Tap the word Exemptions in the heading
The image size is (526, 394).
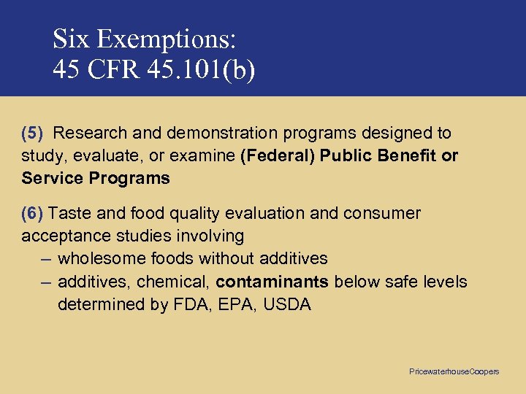pyautogui.click(x=171, y=38)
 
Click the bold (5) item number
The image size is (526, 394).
pyautogui.click(x=33, y=133)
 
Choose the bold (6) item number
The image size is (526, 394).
pyautogui.click(x=33, y=213)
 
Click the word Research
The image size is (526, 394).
pyautogui.click(x=89, y=133)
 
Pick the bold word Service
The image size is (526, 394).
pyautogui.click(x=53, y=178)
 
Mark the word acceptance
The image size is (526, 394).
pyautogui.click(x=64, y=236)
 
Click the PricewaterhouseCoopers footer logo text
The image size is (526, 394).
pyautogui.click(x=454, y=371)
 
